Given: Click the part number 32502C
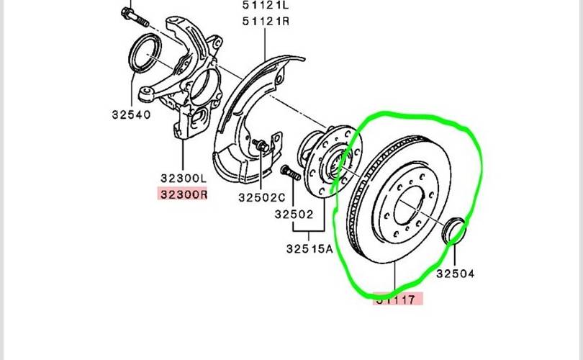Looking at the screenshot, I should (x=261, y=197).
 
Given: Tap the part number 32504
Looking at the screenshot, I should (x=456, y=273).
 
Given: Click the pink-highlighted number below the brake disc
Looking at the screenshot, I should (x=398, y=300).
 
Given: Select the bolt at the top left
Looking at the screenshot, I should (x=127, y=14).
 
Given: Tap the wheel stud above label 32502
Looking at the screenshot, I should (x=291, y=175).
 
